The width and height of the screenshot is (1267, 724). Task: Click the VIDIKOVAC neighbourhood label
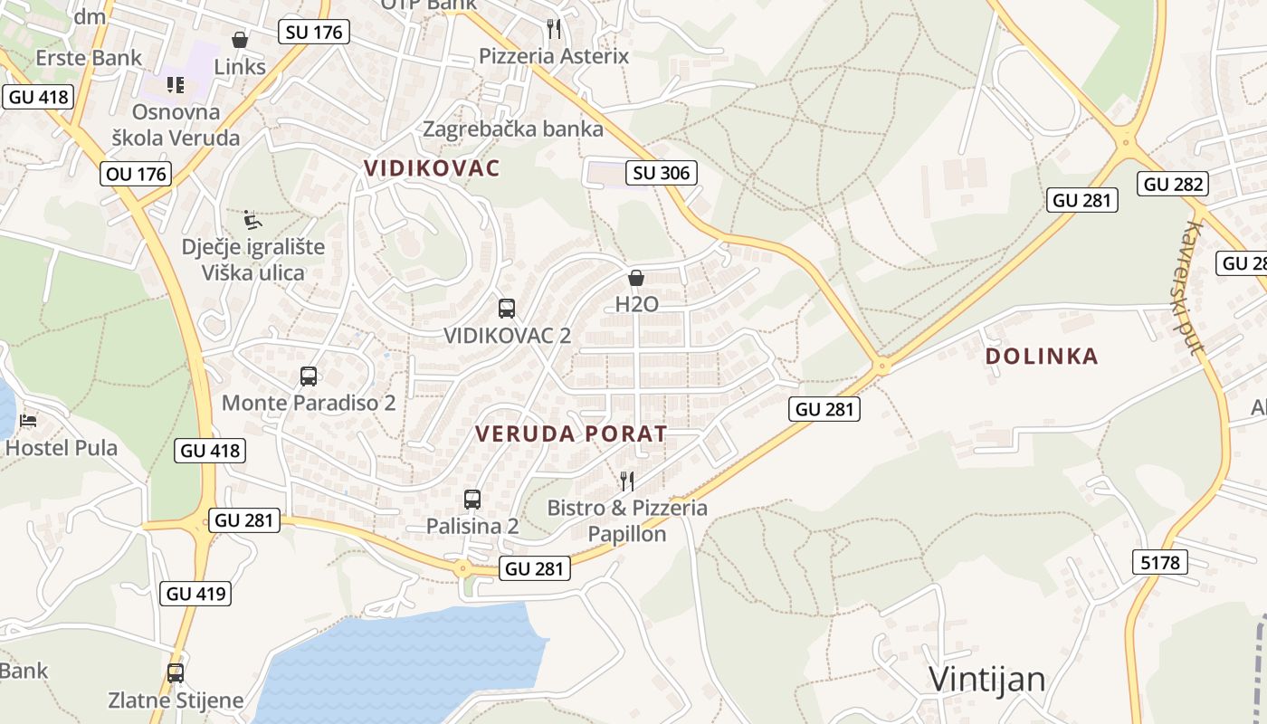tap(432, 167)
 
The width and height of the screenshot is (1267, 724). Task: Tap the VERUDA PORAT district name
tap(571, 433)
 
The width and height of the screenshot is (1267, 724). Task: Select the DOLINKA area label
tap(1042, 356)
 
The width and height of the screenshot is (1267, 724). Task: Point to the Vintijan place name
tap(987, 679)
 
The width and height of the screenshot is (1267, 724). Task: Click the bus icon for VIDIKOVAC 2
tap(507, 309)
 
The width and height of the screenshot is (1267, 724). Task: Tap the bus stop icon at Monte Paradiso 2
tap(309, 376)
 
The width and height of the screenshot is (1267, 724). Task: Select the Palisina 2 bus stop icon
tap(472, 499)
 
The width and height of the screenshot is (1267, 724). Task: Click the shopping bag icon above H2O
tap(636, 278)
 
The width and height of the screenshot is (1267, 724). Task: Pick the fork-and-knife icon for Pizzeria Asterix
tap(554, 29)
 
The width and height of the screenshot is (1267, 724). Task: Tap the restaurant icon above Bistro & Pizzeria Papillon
tap(626, 481)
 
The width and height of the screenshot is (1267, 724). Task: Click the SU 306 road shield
tap(662, 172)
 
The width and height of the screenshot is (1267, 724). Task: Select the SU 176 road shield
tap(313, 32)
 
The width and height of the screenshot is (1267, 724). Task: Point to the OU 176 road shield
tap(137, 173)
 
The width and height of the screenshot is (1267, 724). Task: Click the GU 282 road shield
tap(1174, 184)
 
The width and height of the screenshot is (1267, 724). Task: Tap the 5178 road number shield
tap(1159, 562)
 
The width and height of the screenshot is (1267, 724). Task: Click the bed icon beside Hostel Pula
tap(29, 421)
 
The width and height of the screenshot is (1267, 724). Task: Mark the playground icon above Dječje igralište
tap(252, 220)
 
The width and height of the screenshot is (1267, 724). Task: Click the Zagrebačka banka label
tap(513, 129)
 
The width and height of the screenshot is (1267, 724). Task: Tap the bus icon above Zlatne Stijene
tap(176, 673)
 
